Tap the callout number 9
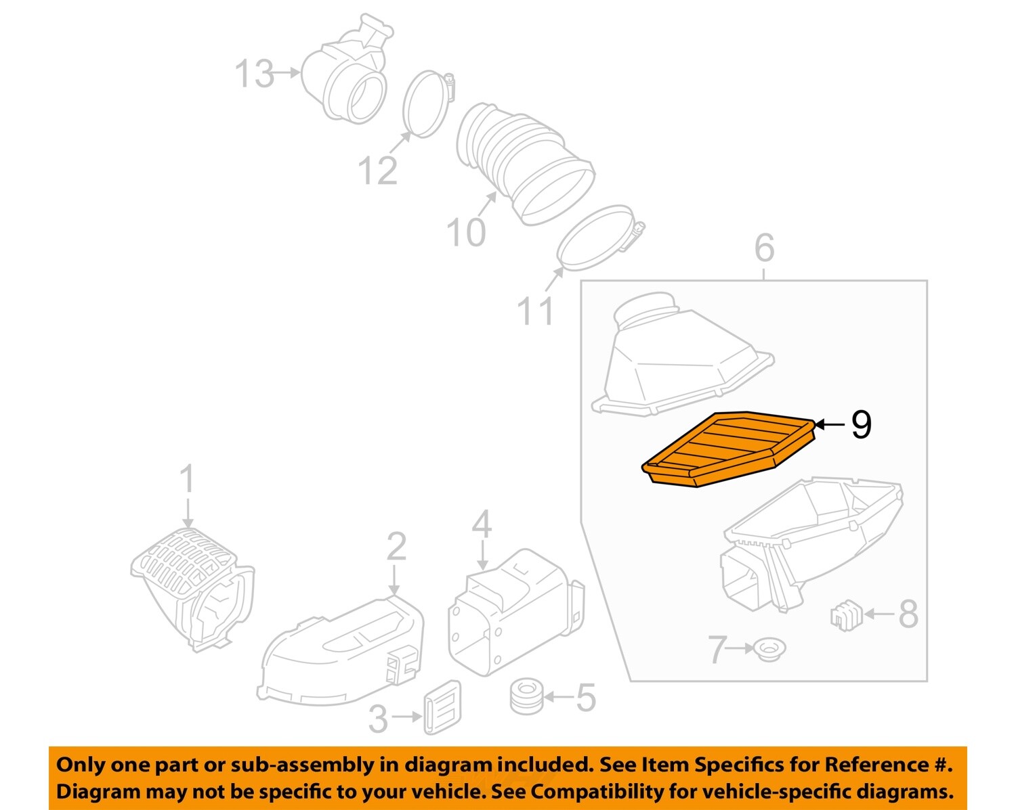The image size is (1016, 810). coord(860,425)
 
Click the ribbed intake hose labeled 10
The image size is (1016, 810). coord(522,162)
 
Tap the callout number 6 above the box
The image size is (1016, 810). coord(764,248)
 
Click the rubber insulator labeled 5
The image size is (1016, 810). coord(526,696)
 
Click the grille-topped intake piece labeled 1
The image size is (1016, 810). coord(193,585)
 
